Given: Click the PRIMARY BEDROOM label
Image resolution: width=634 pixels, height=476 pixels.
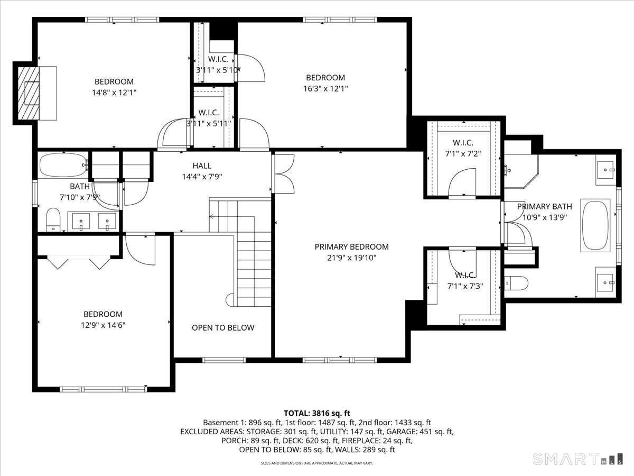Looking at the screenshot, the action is tap(351, 246).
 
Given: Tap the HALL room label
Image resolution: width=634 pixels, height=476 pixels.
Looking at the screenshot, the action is tap(202, 166).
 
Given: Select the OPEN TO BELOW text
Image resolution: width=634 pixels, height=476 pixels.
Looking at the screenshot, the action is tap(223, 327).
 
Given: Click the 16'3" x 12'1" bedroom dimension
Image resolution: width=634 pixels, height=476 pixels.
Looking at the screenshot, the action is tap(325, 88).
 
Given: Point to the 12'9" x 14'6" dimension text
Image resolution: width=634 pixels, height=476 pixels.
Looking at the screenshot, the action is tap(103, 325).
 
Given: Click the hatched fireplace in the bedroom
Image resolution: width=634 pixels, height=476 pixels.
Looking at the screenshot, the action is tap(29, 94).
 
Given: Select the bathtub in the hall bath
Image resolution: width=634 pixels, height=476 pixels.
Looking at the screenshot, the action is tap(63, 165).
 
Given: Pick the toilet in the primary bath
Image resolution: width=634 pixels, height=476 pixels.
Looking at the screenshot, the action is tap(516, 283).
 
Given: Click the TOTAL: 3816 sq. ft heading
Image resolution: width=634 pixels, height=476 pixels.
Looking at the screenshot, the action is tap(317, 413).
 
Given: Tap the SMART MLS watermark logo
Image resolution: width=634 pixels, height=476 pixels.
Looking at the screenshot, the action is tap(577, 459).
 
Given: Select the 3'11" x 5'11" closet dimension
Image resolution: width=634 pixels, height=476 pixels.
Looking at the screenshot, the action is tap(209, 124).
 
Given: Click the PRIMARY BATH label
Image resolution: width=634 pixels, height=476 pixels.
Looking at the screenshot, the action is tap(545, 206).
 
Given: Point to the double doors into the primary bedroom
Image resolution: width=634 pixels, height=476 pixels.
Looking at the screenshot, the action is tap(284, 173).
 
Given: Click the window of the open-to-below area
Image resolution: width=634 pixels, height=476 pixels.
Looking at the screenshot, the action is tap(224, 360).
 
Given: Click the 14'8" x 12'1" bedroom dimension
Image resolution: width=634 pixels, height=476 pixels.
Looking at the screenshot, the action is tap(114, 93).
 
